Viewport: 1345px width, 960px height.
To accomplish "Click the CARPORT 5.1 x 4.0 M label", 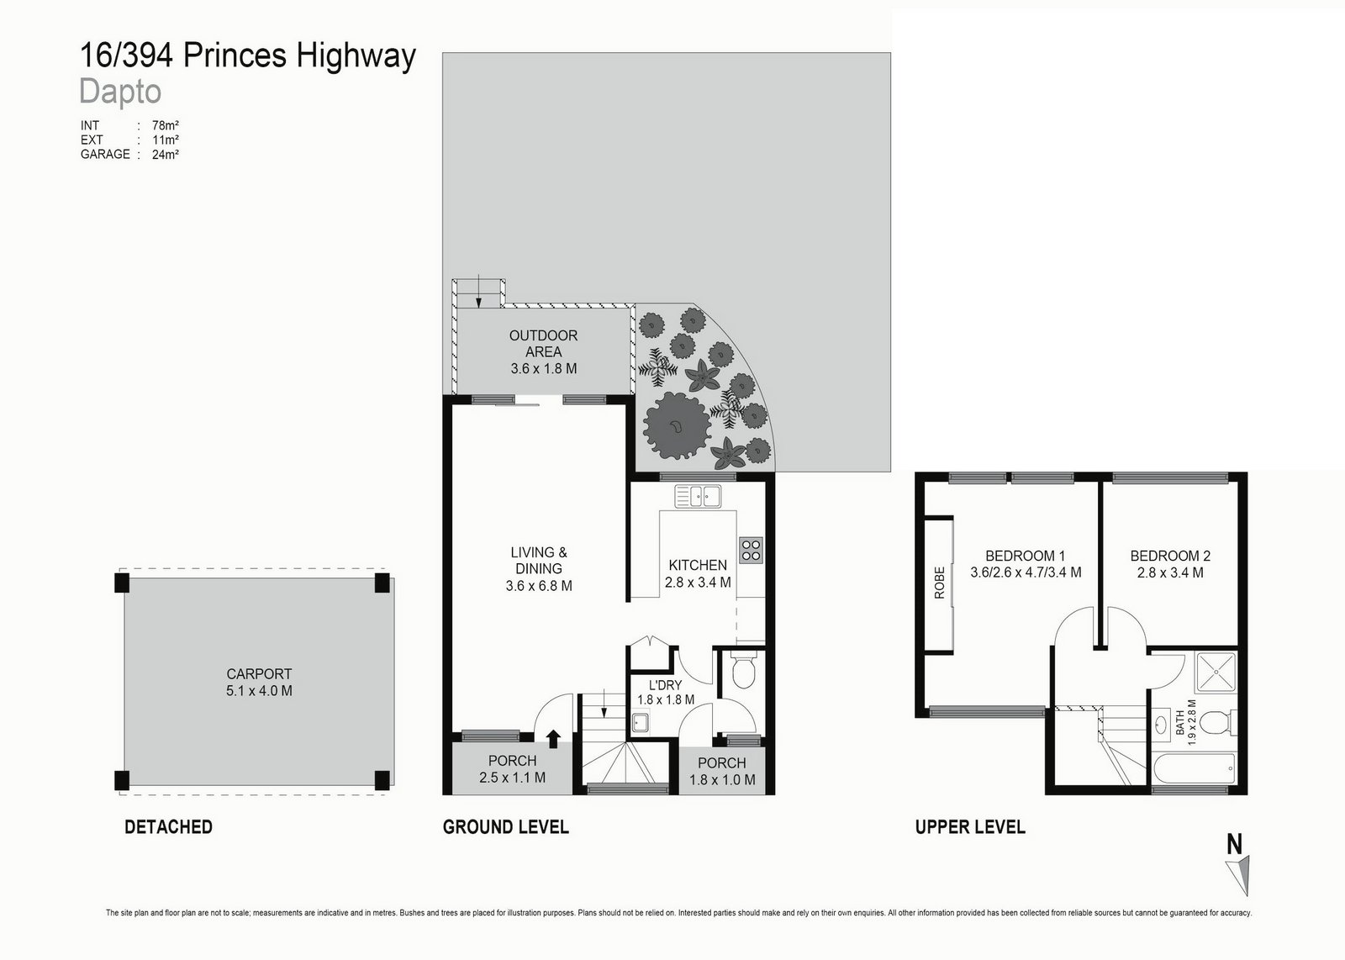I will (259, 682).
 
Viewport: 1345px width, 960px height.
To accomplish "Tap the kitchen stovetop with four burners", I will (751, 550).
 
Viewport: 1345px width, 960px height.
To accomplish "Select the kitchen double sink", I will (698, 498).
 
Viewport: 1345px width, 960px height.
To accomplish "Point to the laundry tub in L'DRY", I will (641, 722).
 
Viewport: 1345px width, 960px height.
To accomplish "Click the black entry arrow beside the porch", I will (553, 738).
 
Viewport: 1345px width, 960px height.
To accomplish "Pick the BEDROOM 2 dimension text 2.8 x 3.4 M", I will (1170, 572).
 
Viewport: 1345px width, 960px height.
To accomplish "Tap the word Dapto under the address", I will (120, 91).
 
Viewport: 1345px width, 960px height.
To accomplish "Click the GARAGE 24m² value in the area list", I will (166, 154).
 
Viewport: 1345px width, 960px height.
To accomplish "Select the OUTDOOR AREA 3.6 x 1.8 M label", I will (543, 351).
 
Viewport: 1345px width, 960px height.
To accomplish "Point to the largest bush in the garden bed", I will (672, 426).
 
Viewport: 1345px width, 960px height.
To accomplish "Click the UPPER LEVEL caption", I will (969, 826).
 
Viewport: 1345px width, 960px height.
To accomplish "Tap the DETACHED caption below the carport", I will (168, 826).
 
